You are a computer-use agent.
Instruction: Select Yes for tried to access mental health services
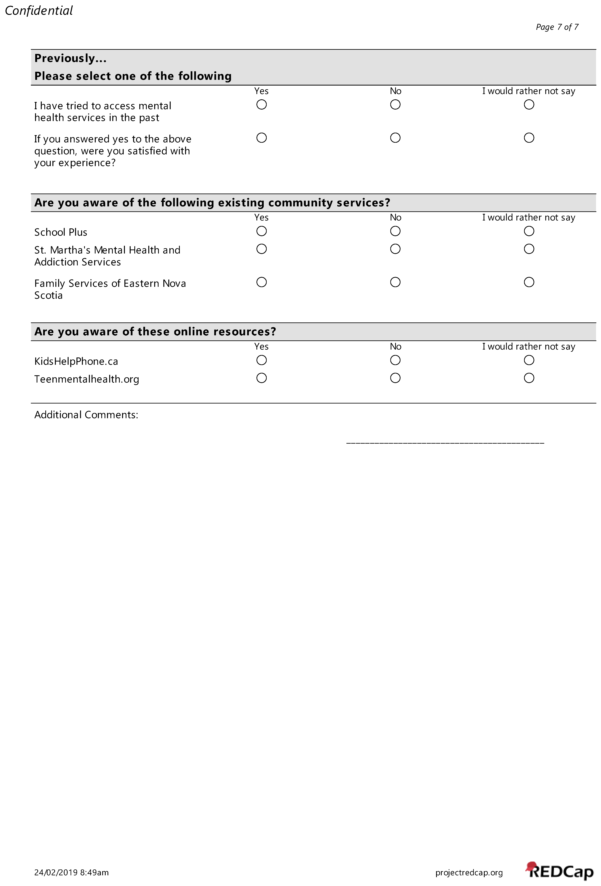(261, 104)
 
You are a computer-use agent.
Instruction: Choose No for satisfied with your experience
(395, 138)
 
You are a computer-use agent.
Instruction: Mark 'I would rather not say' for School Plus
(529, 231)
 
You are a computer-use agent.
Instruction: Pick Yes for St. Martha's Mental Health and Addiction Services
(261, 249)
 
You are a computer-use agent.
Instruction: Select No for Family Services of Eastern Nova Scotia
(395, 282)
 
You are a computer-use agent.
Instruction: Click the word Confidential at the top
(38, 11)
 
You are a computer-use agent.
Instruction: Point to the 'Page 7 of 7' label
(557, 27)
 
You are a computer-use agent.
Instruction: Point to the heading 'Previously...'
(70, 58)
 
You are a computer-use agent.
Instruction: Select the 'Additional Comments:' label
(86, 415)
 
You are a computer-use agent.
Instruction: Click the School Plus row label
(61, 232)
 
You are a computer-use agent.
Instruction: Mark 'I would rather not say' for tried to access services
(529, 104)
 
